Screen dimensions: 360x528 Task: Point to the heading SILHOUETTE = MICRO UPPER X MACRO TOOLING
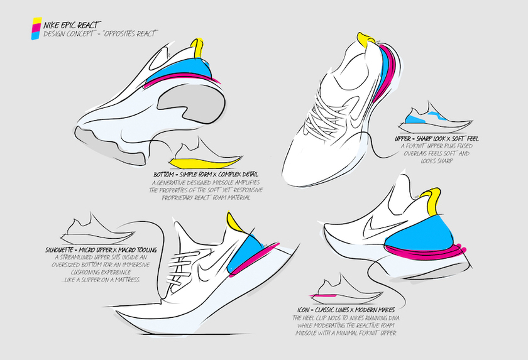click(101, 251)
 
